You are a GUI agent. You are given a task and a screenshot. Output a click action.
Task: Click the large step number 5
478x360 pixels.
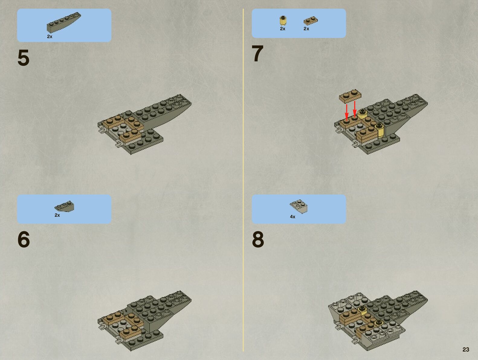pos(23,57)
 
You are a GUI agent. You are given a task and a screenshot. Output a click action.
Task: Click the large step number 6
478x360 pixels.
pos(24,239)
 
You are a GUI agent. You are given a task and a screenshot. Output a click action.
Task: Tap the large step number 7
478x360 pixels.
pos(257,54)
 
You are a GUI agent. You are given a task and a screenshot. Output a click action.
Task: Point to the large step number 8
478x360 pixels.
pos(258,239)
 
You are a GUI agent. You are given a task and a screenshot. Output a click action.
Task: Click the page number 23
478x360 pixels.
pos(466,349)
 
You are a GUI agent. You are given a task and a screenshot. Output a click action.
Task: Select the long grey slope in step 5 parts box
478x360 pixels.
pos(64,23)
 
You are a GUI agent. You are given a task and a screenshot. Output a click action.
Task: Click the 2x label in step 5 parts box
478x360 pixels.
pos(50,37)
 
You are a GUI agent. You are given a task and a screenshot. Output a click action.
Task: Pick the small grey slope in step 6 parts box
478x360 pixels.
pos(64,206)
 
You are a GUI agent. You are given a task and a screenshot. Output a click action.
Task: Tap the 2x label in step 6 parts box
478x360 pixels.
pos(57,215)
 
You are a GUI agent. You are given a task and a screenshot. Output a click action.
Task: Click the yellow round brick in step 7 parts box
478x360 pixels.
pos(283,21)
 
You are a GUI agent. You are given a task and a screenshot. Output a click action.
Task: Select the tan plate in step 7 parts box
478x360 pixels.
pos(311,21)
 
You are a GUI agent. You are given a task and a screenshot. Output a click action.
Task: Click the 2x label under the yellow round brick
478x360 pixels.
pos(283,29)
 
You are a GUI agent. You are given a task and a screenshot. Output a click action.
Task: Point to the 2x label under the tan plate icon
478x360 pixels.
pos(306,29)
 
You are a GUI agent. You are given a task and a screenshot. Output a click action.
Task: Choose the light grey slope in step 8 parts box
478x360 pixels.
pos(299,206)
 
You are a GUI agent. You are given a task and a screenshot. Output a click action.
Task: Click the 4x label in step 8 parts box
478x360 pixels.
pos(293,217)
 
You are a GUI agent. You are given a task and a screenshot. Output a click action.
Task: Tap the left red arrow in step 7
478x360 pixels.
pos(347,112)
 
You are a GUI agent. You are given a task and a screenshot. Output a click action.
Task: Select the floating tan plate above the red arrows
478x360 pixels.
pos(350,96)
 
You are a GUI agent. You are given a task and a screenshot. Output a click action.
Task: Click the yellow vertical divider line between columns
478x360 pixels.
pos(243,180)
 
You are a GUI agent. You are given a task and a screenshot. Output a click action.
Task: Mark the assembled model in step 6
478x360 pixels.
pos(145,321)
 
